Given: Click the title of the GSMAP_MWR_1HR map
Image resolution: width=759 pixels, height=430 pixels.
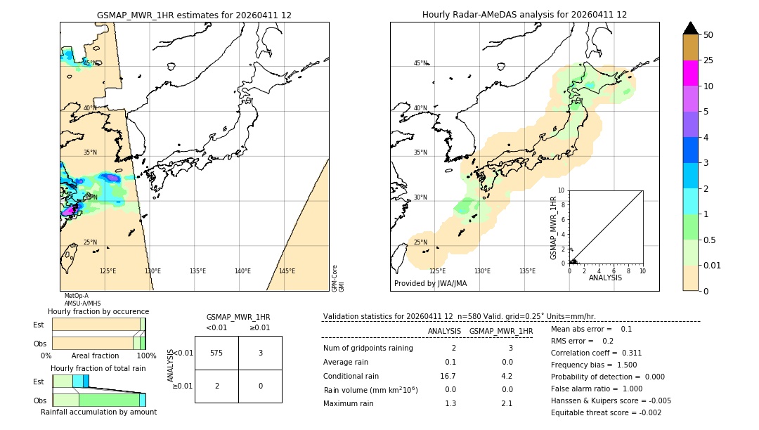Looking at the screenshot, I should tap(194, 15).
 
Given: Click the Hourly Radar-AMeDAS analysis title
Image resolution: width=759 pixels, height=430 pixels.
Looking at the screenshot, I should tap(524, 15).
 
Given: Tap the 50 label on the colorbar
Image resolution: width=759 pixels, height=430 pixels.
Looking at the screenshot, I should tap(708, 35).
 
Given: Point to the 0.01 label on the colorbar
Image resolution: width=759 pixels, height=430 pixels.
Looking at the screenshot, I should tap(713, 265).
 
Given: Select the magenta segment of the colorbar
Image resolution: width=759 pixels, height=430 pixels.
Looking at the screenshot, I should tap(691, 73).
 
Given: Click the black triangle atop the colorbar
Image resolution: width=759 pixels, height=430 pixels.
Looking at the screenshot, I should tap(691, 28).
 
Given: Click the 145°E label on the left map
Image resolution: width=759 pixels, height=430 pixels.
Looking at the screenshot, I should tap(287, 271).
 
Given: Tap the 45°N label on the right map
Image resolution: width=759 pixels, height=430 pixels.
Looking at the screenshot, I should tap(420, 63).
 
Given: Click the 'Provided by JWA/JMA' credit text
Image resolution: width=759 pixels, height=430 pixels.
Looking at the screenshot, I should tap(430, 284).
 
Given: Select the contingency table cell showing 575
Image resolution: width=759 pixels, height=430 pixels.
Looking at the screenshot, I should tap(216, 353).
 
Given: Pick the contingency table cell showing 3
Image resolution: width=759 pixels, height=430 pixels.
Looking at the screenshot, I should tap(260, 353).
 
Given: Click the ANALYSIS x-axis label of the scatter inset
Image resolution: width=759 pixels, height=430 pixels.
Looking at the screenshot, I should tap(605, 278).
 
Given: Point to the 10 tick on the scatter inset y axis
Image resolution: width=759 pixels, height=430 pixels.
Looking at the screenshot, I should tap(562, 190).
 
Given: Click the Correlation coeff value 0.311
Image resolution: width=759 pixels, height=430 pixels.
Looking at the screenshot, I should tap(627, 353).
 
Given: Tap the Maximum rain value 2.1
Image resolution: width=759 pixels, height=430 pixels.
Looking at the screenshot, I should tap(507, 403).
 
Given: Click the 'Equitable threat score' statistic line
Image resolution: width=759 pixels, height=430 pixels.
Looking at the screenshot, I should tap(606, 412).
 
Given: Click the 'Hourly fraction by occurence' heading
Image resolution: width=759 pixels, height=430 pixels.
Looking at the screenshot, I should tap(98, 311).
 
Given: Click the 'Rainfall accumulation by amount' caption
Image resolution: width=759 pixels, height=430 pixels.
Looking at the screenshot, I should tap(98, 412).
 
